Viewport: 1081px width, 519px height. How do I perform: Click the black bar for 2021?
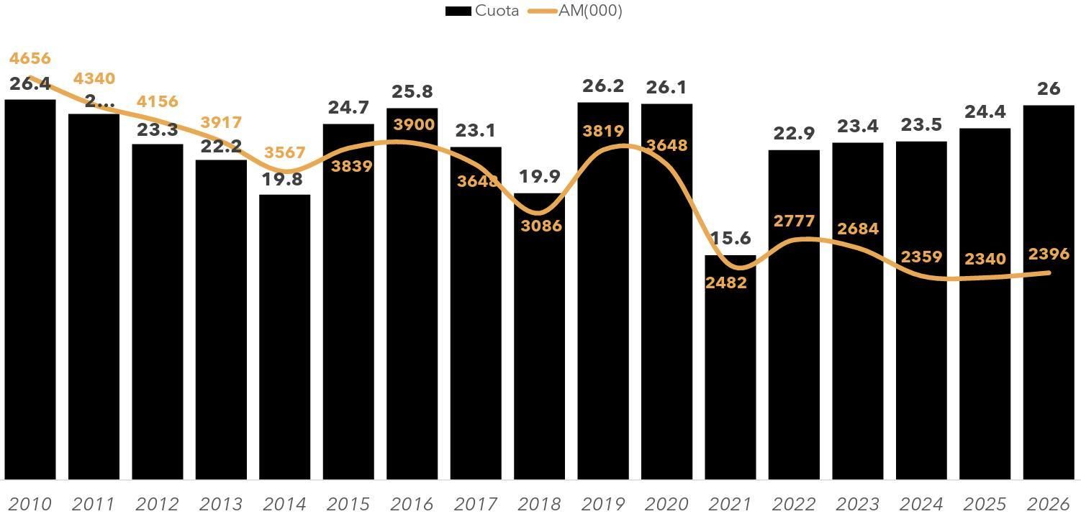730,374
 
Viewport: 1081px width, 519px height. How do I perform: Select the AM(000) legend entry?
576,11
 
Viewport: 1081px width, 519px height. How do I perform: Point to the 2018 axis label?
539,504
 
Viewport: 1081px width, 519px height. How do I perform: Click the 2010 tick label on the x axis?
30,504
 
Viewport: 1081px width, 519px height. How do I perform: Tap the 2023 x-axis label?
857,504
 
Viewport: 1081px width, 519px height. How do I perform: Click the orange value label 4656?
30,58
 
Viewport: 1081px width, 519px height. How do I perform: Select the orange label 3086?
540,226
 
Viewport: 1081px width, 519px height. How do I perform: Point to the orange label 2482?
725,283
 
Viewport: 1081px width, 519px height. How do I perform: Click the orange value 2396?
1049,254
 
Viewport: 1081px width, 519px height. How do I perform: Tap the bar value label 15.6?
730,238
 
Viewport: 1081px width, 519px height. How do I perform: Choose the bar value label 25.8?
412,91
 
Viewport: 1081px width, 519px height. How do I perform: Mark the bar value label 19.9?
540,176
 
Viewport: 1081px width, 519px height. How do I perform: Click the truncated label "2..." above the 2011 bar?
99,101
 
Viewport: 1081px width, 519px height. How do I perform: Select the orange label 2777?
794,221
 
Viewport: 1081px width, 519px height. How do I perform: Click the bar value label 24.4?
985,111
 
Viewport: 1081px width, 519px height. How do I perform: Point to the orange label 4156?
157,101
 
